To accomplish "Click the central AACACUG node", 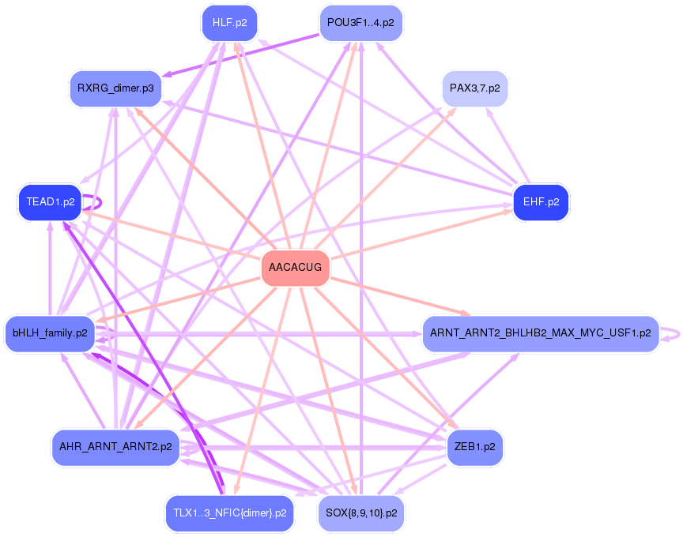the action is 296,268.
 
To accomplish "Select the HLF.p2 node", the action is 229,23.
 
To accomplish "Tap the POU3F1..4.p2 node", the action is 360,23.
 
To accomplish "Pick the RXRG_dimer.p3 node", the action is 115,88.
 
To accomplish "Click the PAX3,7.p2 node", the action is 475,88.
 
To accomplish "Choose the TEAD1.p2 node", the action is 51,202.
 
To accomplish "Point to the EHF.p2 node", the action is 541,202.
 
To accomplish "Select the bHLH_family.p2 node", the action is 50,334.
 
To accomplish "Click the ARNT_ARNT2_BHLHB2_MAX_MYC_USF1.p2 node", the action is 541,334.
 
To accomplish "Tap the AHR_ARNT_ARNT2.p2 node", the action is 115,447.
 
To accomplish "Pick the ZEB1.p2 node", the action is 475,447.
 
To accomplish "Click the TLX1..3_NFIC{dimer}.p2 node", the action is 230,513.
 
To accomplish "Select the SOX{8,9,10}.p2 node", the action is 361,513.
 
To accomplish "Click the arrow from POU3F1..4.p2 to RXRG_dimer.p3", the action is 241,55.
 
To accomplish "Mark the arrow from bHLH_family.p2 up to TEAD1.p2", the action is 50,268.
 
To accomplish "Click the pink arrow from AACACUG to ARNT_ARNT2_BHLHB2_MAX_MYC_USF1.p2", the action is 400,296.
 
